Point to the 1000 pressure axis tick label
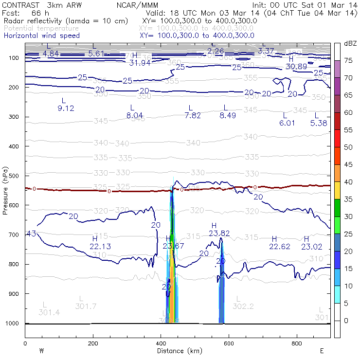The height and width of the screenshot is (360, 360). tap(14, 324)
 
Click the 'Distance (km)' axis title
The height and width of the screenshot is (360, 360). tap(178, 350)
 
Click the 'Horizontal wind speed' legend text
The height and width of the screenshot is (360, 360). tap(42, 36)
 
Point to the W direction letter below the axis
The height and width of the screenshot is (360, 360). tap(41, 350)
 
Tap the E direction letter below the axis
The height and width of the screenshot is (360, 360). tap(322, 350)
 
